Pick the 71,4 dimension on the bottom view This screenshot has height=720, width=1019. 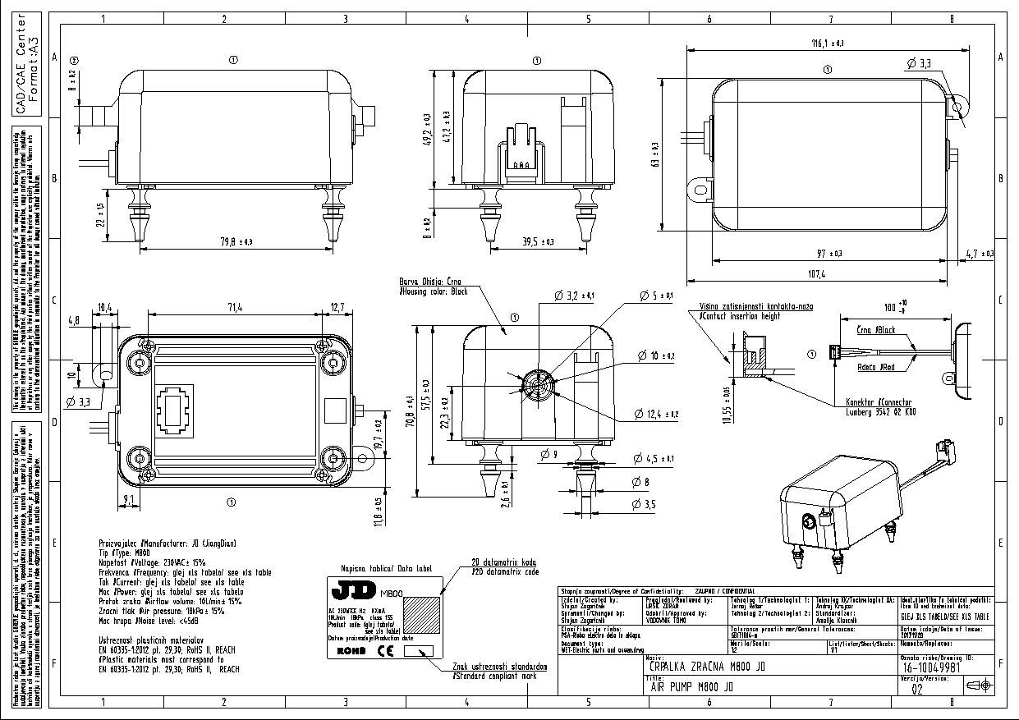tap(234, 308)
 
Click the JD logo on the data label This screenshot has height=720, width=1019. tap(354, 590)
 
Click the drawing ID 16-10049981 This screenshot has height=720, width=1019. tap(932, 668)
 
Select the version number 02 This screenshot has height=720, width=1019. tap(917, 690)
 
